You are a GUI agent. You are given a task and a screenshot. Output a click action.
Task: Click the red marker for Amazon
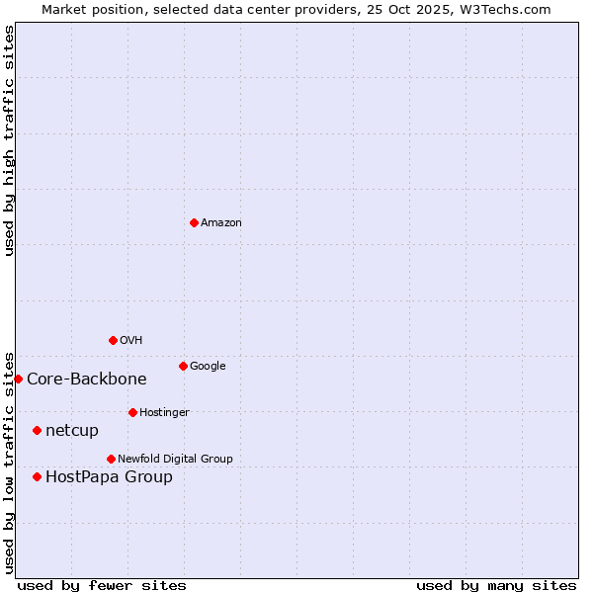pyautogui.click(x=194, y=222)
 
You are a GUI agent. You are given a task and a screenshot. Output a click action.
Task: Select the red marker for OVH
pyautogui.click(x=113, y=340)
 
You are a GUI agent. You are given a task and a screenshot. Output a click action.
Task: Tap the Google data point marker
pyautogui.click(x=183, y=366)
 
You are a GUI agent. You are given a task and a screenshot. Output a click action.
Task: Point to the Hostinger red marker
pyautogui.click(x=132, y=412)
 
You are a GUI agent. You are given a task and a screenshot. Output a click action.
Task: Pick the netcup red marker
pyautogui.click(x=37, y=430)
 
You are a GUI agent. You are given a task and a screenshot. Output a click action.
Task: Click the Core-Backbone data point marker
pyautogui.click(x=18, y=379)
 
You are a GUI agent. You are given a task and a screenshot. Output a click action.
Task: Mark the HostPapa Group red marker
pyautogui.click(x=37, y=476)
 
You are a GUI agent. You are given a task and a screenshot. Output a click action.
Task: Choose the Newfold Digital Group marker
pyautogui.click(x=111, y=459)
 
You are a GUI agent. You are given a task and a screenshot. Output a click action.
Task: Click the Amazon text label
pyautogui.click(x=221, y=223)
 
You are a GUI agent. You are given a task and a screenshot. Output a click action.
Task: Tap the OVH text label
pyautogui.click(x=131, y=341)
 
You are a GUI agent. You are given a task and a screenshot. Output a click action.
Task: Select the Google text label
pyautogui.click(x=208, y=367)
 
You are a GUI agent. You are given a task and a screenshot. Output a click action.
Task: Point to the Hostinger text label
pyautogui.click(x=164, y=413)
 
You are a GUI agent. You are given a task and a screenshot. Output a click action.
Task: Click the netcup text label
pyautogui.click(x=72, y=431)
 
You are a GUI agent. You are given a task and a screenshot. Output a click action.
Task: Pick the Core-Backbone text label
pyautogui.click(x=87, y=380)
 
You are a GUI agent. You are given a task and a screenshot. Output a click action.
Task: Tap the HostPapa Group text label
pyautogui.click(x=109, y=477)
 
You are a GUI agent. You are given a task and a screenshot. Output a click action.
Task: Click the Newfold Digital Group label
pyautogui.click(x=175, y=460)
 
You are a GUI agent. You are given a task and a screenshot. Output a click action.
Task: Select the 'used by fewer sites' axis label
pyautogui.click(x=102, y=585)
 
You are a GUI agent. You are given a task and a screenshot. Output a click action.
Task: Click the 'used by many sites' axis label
pyautogui.click(x=496, y=585)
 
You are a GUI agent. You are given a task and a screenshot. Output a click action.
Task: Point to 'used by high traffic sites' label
pyautogui.click(x=9, y=140)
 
